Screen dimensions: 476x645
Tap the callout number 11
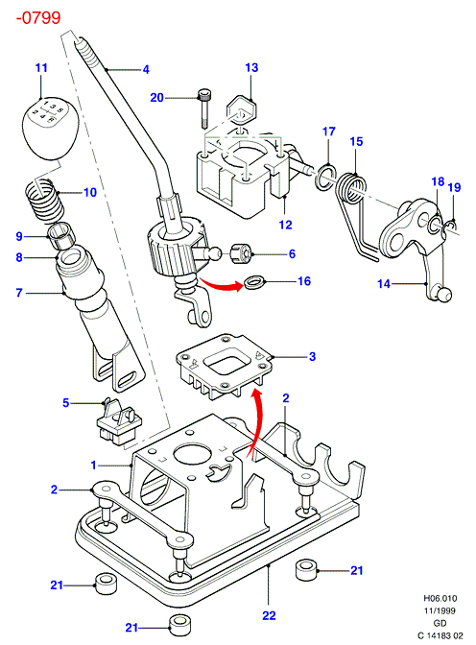point(41,68)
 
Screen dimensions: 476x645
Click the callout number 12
point(285,225)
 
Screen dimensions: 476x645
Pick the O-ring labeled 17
point(326,177)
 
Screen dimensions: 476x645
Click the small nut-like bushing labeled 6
point(241,253)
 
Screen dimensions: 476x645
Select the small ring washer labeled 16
point(254,282)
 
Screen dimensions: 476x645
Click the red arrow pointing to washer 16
point(221,284)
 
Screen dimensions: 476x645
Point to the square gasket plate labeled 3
point(225,366)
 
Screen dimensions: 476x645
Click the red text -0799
point(38,18)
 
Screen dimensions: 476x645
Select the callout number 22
point(269,616)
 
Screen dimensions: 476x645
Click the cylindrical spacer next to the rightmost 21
point(306,570)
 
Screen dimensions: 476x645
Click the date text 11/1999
point(440,610)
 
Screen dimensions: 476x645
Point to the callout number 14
point(384,284)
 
